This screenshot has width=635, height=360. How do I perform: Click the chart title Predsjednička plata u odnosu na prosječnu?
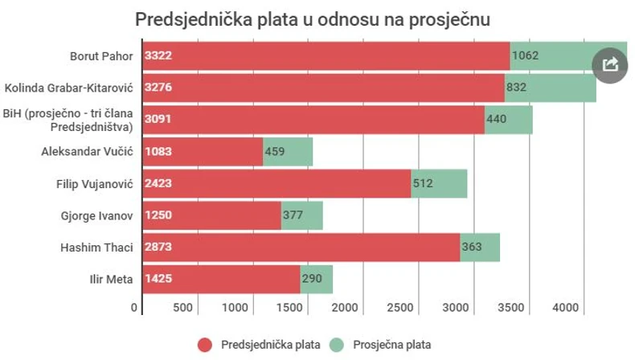click(312, 18)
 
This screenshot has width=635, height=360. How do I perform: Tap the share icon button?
click(610, 64)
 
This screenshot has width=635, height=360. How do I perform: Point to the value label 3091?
click(158, 119)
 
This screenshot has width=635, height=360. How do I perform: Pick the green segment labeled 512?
click(439, 183)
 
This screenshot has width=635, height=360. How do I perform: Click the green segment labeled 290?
click(316, 279)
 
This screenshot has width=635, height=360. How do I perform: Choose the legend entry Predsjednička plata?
click(259, 345)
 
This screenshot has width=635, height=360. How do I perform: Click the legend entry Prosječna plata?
click(401, 345)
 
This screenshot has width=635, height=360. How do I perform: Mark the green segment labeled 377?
click(302, 215)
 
